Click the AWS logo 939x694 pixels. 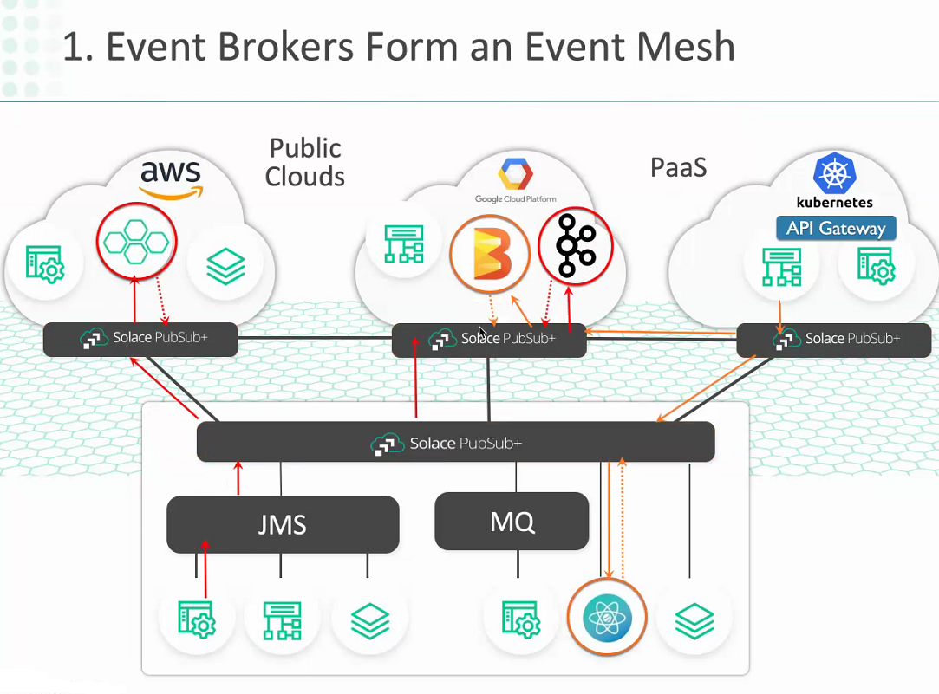(172, 179)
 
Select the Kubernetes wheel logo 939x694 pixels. (835, 173)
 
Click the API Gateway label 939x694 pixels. (836, 228)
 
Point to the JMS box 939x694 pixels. (283, 525)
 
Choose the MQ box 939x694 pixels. (512, 521)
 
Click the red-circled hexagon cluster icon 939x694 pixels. (136, 241)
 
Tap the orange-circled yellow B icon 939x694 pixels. (490, 254)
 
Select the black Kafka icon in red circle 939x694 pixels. (575, 246)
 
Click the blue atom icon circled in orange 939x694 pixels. (607, 616)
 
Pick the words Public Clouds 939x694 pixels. (305, 162)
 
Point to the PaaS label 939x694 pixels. (679, 167)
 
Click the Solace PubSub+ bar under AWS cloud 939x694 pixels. (140, 340)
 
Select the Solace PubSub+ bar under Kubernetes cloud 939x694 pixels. (833, 341)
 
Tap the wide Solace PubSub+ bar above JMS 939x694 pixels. (456, 442)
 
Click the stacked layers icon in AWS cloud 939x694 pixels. (225, 266)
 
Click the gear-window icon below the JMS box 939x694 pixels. (197, 619)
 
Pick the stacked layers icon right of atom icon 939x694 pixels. (694, 621)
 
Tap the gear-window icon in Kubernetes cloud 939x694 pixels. (876, 265)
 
